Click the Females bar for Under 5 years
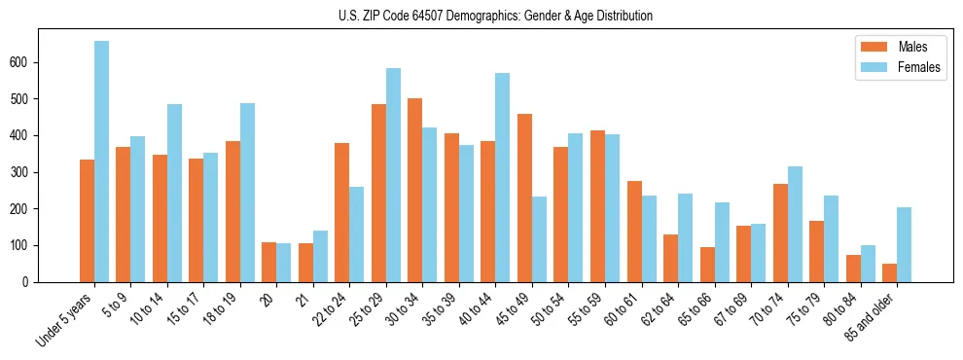click(101, 162)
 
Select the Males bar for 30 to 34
click(415, 190)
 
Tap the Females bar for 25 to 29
click(393, 175)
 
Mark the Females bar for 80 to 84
click(868, 264)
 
